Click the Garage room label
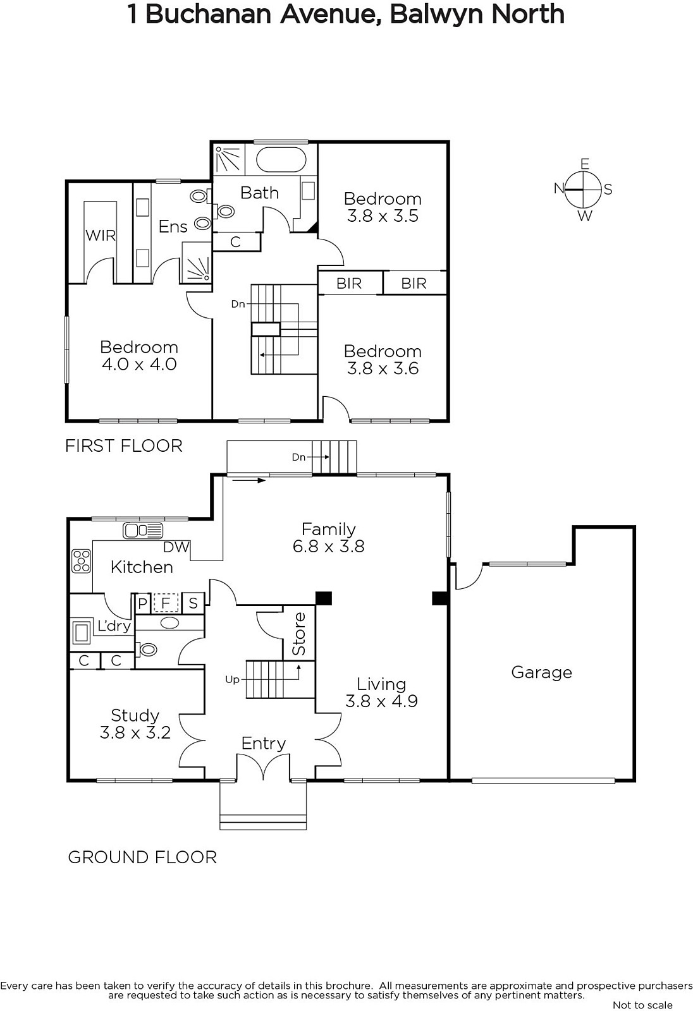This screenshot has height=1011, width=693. [x=541, y=673]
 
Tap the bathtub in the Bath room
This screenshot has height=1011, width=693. [x=281, y=159]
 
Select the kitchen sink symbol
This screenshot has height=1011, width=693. [x=143, y=530]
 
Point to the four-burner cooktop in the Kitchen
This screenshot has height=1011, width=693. [x=82, y=561]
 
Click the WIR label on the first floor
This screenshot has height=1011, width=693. [x=101, y=235]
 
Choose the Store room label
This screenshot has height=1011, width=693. [x=298, y=634]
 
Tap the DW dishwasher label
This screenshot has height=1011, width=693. [x=176, y=547]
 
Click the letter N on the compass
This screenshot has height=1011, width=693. [x=560, y=188]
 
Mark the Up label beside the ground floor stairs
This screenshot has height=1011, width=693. [x=232, y=679]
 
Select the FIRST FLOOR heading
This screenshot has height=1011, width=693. [x=124, y=446]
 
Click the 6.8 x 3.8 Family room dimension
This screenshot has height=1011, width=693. [x=328, y=546]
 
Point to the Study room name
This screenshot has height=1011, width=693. [x=135, y=716]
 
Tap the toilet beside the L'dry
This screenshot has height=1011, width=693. [x=147, y=650]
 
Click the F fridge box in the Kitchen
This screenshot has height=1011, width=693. [x=166, y=603]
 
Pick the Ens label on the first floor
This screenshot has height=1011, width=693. [x=173, y=226]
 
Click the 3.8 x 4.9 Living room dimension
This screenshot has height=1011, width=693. [x=382, y=701]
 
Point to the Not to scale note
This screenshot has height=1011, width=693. [x=642, y=1005]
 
